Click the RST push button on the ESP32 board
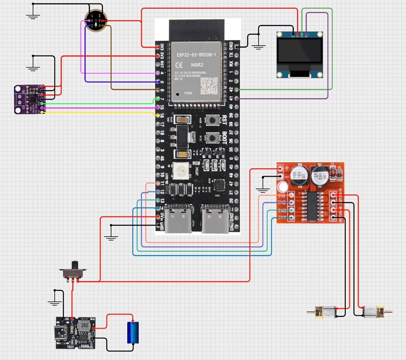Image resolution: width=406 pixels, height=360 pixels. (213, 120)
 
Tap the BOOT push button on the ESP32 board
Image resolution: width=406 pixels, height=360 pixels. (213, 138)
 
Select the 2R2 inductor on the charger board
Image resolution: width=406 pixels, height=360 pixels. (84, 326)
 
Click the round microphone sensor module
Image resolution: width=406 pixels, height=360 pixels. (96, 20)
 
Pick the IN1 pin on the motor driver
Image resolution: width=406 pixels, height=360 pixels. (291, 195)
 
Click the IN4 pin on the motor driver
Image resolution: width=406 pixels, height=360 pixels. (291, 217)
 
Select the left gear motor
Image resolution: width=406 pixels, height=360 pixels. (325, 312)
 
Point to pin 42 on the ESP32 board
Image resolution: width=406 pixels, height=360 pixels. (231, 90)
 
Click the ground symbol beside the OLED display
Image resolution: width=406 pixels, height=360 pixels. (259, 46)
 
